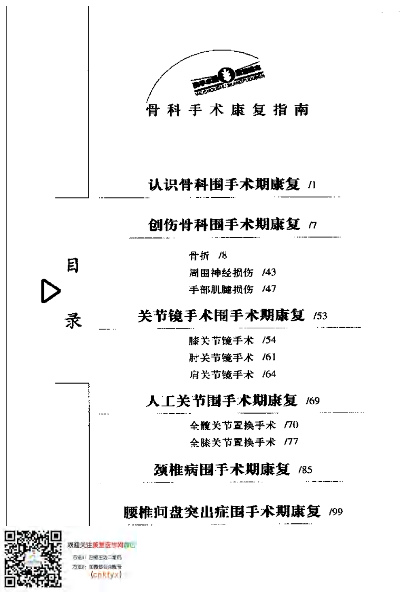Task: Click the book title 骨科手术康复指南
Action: pyautogui.click(x=227, y=111)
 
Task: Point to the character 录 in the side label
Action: pyautogui.click(x=73, y=320)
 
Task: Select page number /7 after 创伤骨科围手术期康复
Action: pyautogui.click(x=313, y=226)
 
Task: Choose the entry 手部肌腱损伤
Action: pyautogui.click(x=221, y=289)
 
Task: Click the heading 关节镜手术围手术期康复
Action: pyautogui.click(x=221, y=316)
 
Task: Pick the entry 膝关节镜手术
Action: pyautogui.click(x=221, y=340)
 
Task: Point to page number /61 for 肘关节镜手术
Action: pyautogui.click(x=269, y=357)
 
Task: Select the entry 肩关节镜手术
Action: pyautogui.click(x=221, y=374)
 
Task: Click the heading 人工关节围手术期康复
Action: pyautogui.click(x=221, y=400)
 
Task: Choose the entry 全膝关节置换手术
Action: pyautogui.click(x=232, y=442)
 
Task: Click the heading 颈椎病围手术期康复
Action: pyautogui.click(x=222, y=469)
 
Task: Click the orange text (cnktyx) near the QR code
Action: pyautogui.click(x=106, y=575)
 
